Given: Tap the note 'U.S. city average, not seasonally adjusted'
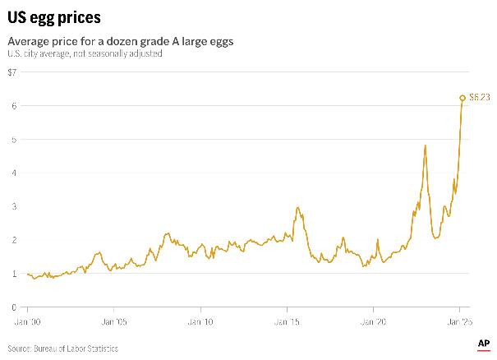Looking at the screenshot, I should pos(85,54).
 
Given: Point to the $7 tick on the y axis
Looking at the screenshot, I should pos(12,72).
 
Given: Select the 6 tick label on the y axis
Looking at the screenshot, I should pos(12,106).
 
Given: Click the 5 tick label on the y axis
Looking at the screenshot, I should pos(12,140).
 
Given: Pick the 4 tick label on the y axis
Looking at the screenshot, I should pos(12,173).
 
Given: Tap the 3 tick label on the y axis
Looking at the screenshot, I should pos(12,206).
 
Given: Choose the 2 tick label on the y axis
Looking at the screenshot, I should pos(12,240).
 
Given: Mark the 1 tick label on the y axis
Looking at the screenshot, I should pos(12,274).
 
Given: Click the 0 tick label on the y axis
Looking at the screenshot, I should pos(12,307).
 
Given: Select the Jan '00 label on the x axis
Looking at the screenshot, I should pos(30,322).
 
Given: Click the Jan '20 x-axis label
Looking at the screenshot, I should pos(374,322).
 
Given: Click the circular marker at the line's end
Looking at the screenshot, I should pos(462,98).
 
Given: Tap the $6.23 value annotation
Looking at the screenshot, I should pos(480,98).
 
